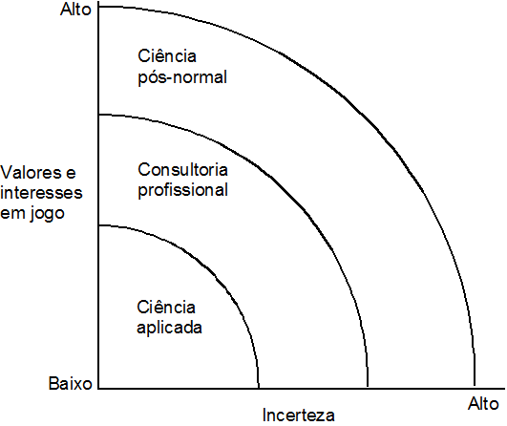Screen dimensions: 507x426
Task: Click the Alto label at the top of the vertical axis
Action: (76, 10)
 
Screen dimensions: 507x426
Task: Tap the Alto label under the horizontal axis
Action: (483, 404)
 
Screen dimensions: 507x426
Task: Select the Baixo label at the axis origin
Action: (71, 383)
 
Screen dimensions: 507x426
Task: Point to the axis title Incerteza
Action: (298, 415)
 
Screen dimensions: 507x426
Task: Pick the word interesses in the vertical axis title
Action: (41, 193)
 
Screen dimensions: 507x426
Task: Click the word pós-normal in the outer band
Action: (182, 78)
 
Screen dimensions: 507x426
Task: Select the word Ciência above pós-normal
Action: (167, 56)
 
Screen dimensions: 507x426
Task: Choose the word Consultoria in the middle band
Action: (182, 170)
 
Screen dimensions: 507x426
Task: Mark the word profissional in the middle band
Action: (182, 190)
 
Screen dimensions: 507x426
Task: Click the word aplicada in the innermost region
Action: (169, 328)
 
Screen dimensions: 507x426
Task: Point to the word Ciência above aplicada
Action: (166, 307)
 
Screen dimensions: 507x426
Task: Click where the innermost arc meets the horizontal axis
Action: (259, 388)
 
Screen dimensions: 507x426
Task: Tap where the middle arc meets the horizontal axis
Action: (368, 388)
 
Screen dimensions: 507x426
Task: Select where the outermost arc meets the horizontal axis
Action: (475, 388)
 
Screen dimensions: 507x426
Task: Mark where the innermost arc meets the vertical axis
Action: (99, 225)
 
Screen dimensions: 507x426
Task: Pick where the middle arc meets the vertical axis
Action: (99, 115)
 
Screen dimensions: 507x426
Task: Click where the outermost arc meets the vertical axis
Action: (99, 6)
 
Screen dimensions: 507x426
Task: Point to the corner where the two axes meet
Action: (99, 388)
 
